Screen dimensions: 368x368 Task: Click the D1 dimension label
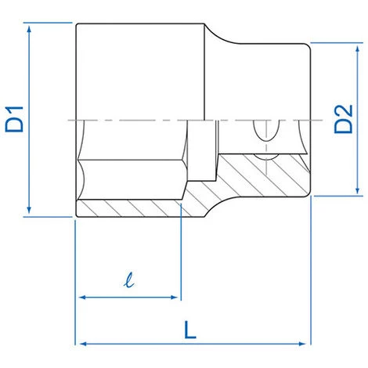(14, 119)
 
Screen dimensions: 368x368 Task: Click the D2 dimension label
(344, 119)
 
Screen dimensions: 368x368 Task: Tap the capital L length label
(190, 330)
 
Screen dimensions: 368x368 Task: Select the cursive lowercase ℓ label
(129, 280)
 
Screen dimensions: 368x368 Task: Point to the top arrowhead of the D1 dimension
(29, 28)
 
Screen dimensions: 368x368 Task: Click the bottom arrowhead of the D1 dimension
(29, 211)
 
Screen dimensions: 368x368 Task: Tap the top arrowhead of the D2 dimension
(358, 49)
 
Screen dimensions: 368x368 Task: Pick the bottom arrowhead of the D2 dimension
(358, 190)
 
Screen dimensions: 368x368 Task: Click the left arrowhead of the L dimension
(83, 344)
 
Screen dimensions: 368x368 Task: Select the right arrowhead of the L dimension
(302, 344)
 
